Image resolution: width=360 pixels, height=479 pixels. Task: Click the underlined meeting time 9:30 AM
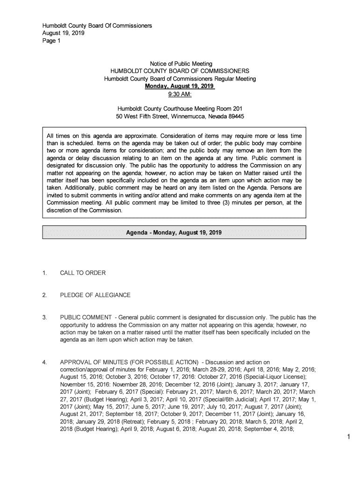(x=180, y=95)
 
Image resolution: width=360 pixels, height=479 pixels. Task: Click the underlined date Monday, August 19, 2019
(x=180, y=87)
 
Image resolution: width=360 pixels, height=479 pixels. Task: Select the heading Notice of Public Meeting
(x=180, y=64)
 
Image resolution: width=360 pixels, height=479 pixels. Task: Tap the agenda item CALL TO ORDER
(x=82, y=273)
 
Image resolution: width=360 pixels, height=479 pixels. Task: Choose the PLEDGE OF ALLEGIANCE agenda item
(x=95, y=295)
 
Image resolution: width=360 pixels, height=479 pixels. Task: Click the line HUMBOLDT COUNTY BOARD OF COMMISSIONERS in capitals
(x=180, y=71)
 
